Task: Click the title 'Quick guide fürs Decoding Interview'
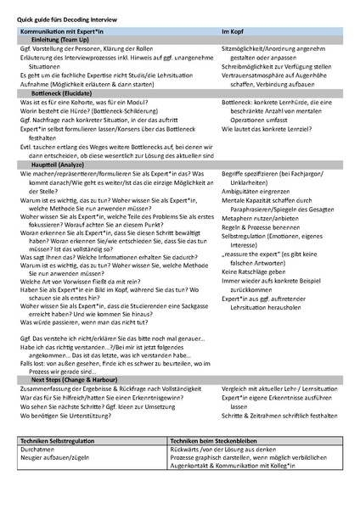pyautogui.click(x=67, y=19)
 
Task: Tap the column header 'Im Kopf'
pyautogui.click(x=234, y=31)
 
